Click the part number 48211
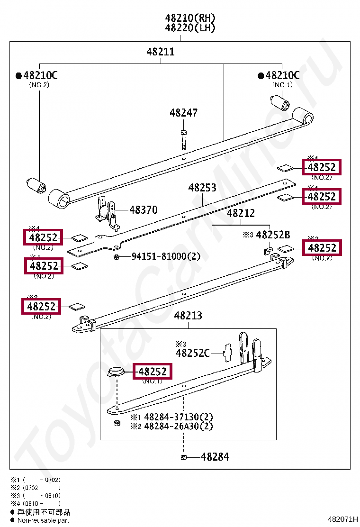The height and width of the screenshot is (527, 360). click(x=160, y=52)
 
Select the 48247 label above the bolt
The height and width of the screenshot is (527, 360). click(x=183, y=113)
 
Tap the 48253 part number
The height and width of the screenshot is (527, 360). click(x=202, y=188)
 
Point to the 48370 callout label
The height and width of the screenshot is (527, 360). click(x=143, y=210)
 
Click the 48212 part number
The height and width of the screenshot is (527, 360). click(x=241, y=214)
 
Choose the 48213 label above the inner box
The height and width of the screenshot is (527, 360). click(x=188, y=316)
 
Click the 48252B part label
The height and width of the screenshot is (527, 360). click(x=273, y=235)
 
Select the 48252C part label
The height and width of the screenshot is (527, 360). click(x=193, y=353)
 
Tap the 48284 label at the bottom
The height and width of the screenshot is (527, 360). click(x=215, y=457)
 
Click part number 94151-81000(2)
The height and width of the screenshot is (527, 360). click(x=166, y=256)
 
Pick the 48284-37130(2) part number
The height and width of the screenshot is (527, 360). click(x=178, y=418)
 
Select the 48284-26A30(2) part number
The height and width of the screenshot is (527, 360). click(x=178, y=426)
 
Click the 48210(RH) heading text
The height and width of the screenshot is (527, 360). click(x=190, y=18)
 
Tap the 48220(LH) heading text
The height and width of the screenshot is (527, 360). click(x=190, y=28)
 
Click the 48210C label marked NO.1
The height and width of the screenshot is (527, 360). click(x=282, y=75)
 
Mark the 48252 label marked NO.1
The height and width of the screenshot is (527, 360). click(x=153, y=372)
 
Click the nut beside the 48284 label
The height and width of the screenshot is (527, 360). click(x=183, y=457)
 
